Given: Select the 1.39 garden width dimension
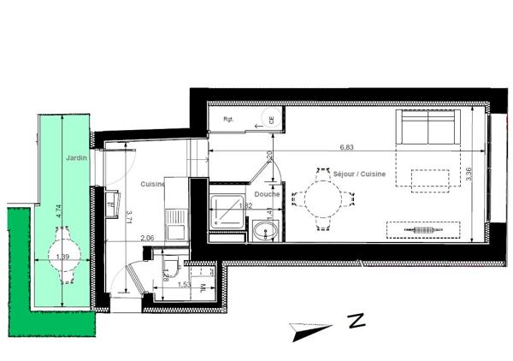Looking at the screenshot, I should [x=62, y=257].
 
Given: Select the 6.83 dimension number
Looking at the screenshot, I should [x=346, y=146].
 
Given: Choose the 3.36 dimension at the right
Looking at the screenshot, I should [x=469, y=175].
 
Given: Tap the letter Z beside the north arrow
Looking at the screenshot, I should [x=357, y=323].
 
